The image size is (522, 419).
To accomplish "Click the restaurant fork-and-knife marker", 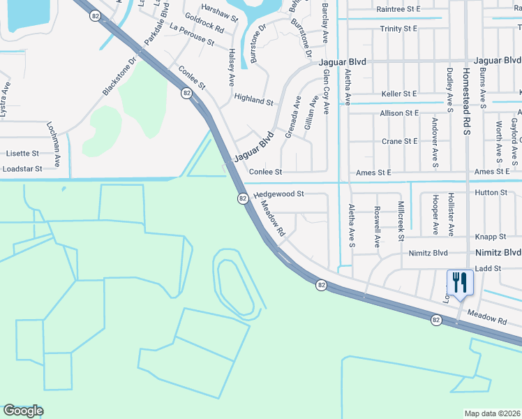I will (x=459, y=283).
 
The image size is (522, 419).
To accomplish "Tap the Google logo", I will (x=23, y=411).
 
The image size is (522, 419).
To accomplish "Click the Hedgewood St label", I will (x=278, y=194).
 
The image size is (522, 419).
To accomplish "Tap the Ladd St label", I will (x=489, y=268).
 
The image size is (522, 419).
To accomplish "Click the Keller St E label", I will (x=399, y=94).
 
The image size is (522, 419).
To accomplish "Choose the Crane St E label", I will (x=400, y=141).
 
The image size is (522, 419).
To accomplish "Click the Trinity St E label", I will (x=398, y=29).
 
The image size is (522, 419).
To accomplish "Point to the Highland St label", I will (x=253, y=101).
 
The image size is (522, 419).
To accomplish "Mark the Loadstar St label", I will (x=22, y=168).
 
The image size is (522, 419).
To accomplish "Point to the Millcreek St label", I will (x=401, y=221).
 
